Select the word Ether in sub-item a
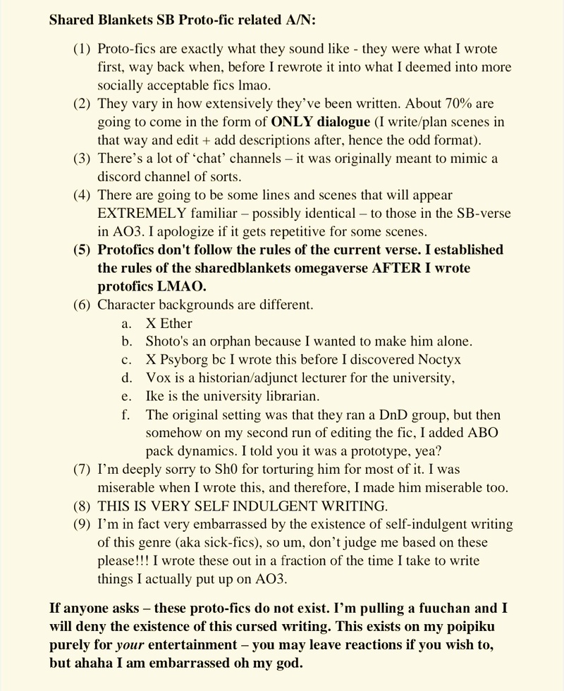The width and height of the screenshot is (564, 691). (176, 324)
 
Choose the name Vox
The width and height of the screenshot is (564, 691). (157, 378)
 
